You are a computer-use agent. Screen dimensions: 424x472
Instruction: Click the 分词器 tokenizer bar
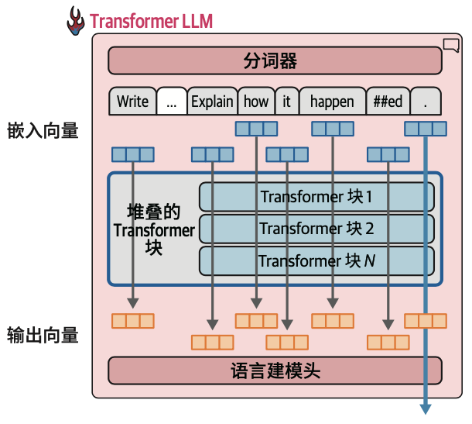(275, 60)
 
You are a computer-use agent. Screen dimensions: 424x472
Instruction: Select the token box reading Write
(132, 101)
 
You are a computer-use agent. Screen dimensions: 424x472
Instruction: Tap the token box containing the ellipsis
(171, 101)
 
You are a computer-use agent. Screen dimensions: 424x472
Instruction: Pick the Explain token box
(212, 101)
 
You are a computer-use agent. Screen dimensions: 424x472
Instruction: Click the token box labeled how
(256, 101)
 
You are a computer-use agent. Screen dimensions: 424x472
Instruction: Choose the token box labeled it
(286, 101)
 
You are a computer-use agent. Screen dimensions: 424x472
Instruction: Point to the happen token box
(332, 101)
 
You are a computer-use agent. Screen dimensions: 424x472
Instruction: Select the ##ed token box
(387, 101)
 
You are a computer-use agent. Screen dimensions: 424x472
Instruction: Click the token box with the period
(426, 101)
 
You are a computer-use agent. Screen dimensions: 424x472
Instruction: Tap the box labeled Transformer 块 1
(316, 197)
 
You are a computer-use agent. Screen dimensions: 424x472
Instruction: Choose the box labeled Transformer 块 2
(316, 229)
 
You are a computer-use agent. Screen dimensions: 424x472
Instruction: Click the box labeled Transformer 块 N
(316, 260)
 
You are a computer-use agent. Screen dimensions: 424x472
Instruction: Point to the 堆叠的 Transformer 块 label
(154, 229)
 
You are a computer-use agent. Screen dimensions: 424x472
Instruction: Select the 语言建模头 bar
(275, 371)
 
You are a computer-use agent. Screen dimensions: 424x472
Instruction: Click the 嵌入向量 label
(43, 130)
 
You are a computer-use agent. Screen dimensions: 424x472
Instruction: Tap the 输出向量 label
(43, 335)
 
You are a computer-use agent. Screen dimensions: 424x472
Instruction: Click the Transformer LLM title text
(151, 20)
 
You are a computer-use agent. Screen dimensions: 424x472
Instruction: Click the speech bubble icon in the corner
(450, 44)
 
